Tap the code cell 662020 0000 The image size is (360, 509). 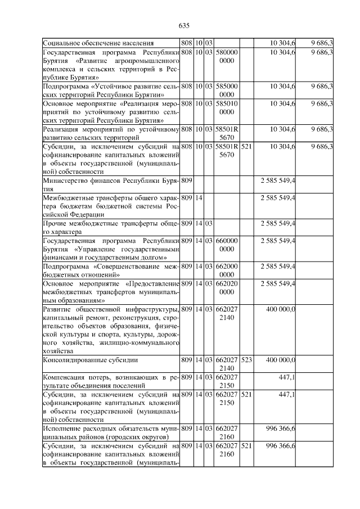coord(227,287)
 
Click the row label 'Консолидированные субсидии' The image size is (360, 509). coord(91,359)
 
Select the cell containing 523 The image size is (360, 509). coord(246,359)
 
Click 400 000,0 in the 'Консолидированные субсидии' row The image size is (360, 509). coord(280,359)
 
